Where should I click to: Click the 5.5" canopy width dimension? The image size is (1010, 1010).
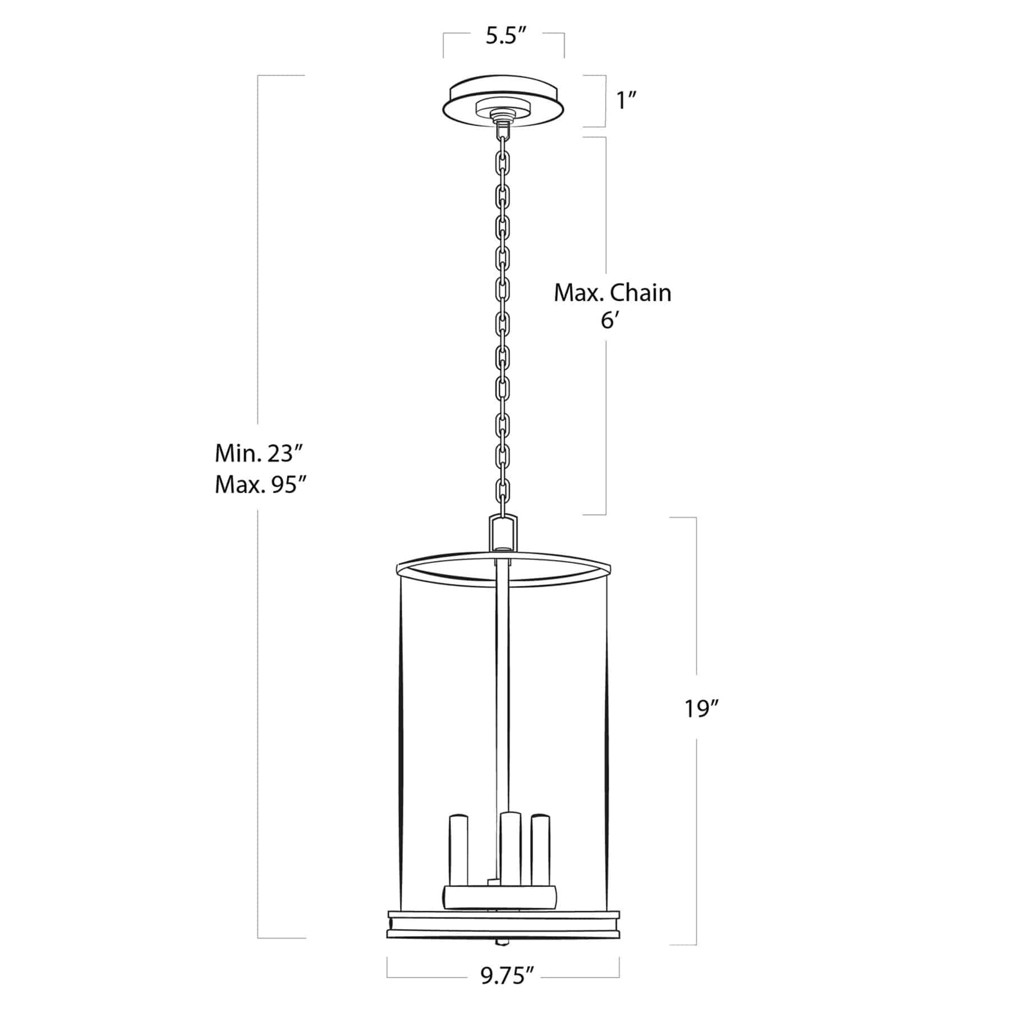coord(504,37)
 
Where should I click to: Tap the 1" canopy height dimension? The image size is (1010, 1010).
coord(627,101)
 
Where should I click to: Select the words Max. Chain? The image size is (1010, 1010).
coord(612,293)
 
